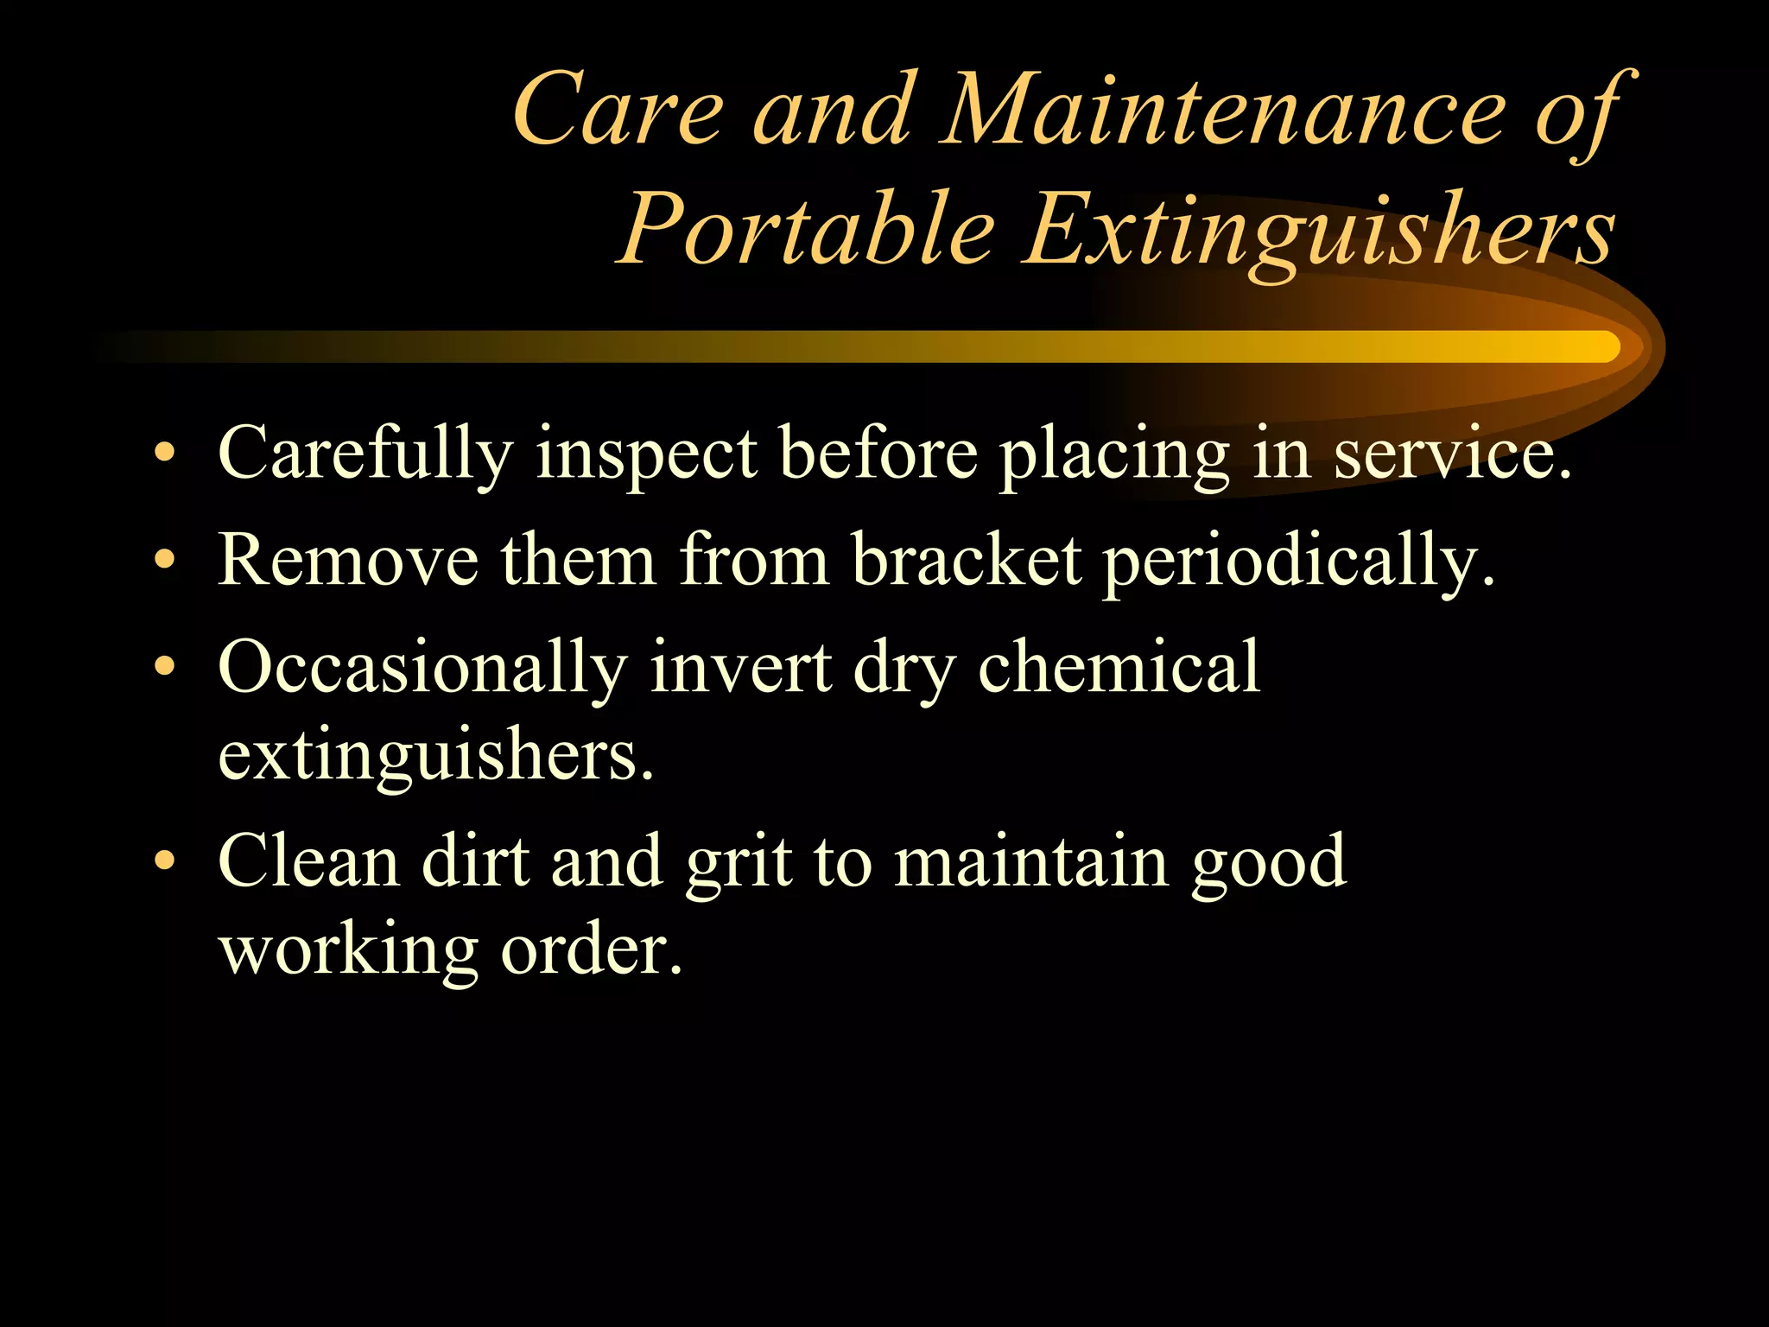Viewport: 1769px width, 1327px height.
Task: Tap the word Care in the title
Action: coord(618,112)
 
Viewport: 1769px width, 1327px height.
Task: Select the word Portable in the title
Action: coord(808,230)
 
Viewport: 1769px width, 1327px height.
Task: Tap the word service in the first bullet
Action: coord(1442,453)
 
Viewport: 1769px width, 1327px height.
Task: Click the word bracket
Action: coord(967,560)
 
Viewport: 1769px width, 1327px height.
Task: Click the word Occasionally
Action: coord(422,667)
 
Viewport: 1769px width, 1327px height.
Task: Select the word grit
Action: coord(739,862)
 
